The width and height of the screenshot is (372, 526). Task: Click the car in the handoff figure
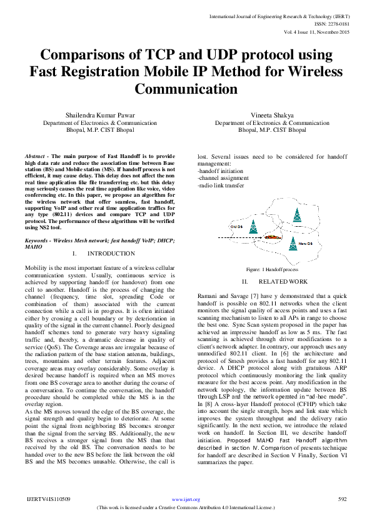(271, 238)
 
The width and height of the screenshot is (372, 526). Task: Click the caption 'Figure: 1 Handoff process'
(271, 269)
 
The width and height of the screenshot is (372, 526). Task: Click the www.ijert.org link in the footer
(186, 500)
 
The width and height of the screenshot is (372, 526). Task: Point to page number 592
(342, 500)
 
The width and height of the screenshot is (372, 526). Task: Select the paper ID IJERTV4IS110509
(48, 500)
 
